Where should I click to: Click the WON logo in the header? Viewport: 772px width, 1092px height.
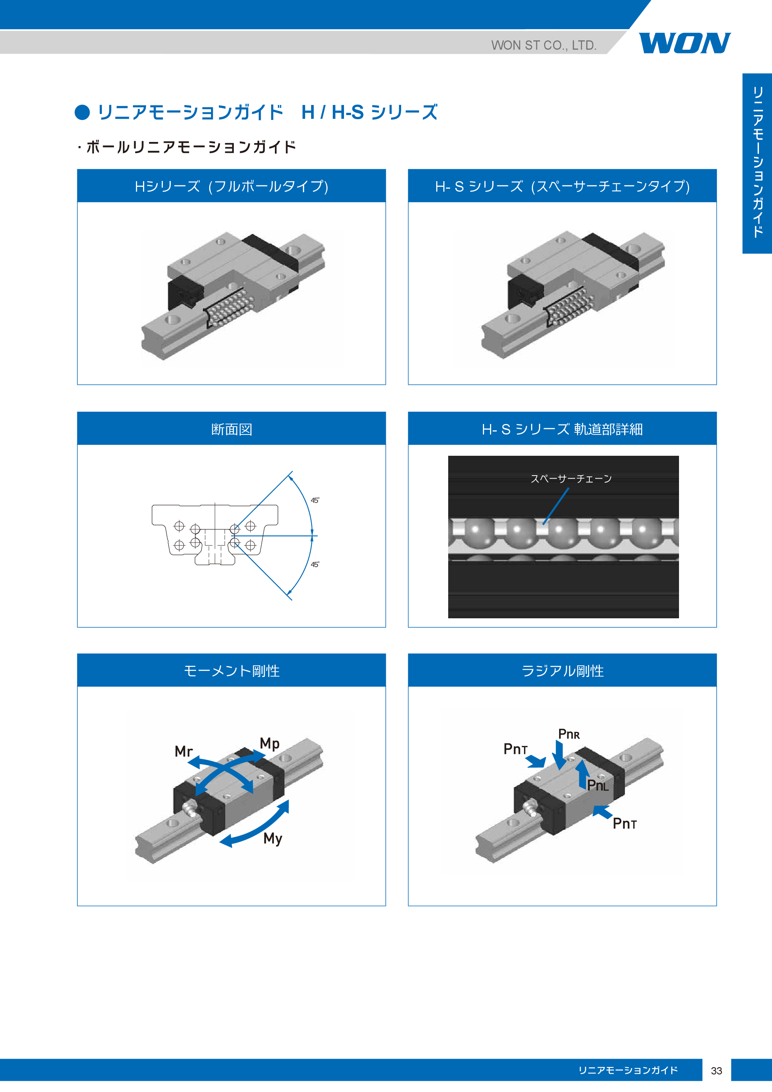pyautogui.click(x=685, y=43)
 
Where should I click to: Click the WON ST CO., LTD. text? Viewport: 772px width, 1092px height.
pyautogui.click(x=544, y=45)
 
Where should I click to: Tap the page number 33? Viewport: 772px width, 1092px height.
pyautogui.click(x=716, y=1071)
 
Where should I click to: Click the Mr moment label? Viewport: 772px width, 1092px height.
pyautogui.click(x=183, y=751)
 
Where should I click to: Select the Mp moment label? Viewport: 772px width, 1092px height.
pyautogui.click(x=270, y=743)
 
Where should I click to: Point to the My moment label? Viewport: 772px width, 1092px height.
pyautogui.click(x=273, y=838)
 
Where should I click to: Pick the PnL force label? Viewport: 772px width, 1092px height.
pyautogui.click(x=598, y=785)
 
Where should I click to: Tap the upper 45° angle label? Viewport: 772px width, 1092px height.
pyautogui.click(x=315, y=500)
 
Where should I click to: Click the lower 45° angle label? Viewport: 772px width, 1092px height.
pyautogui.click(x=315, y=564)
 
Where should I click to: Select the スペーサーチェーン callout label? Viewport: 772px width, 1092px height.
pyautogui.click(x=571, y=479)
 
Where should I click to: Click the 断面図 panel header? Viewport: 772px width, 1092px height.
pyautogui.click(x=232, y=429)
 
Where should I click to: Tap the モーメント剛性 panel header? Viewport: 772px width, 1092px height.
pyautogui.click(x=232, y=671)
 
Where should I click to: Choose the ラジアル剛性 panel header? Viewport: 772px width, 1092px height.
pyautogui.click(x=562, y=671)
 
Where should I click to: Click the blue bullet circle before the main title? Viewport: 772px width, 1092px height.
pyautogui.click(x=82, y=112)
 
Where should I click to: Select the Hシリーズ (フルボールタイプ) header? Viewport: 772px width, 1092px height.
pyautogui.click(x=232, y=186)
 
